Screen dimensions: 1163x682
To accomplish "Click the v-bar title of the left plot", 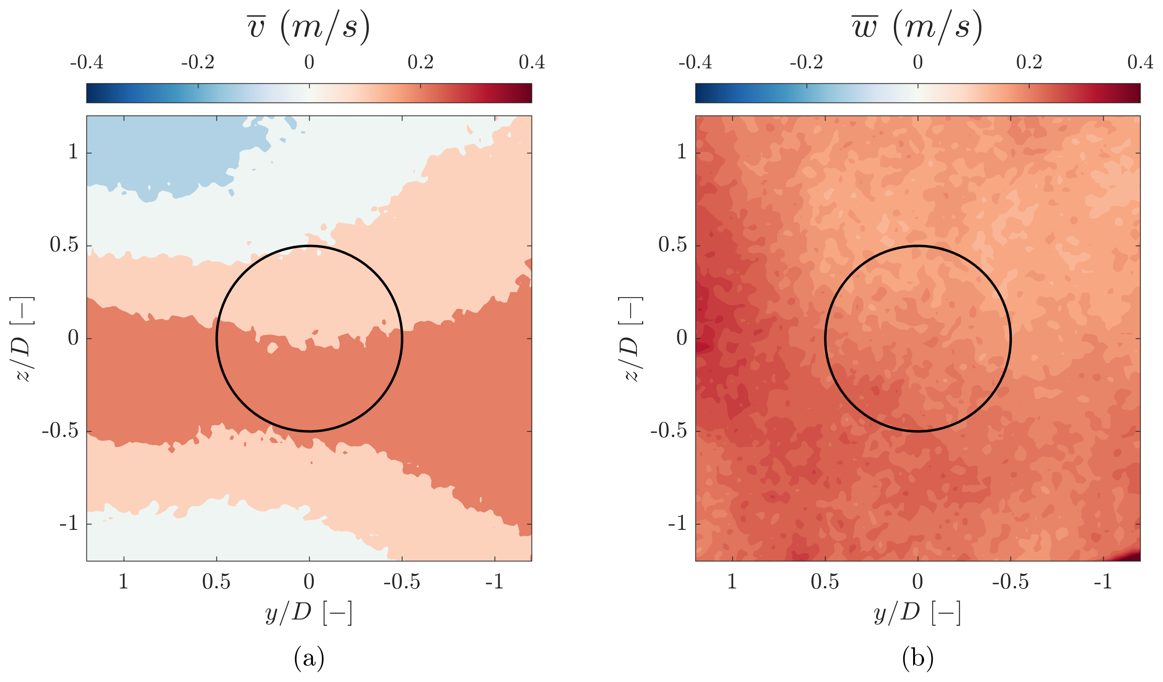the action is tap(309, 27).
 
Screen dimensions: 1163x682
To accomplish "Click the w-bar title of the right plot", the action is tap(917, 27).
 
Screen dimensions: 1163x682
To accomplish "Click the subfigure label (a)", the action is tap(309, 658).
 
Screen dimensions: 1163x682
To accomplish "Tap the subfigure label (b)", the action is tap(918, 658).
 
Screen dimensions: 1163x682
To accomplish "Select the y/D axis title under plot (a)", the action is tap(309, 613).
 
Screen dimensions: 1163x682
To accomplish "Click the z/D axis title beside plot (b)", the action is tap(631, 338).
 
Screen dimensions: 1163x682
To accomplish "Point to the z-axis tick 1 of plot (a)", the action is tap(73, 152).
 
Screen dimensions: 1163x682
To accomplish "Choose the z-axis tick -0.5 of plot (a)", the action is tap(60, 431).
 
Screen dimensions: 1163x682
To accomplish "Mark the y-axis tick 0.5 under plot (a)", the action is tap(216, 582).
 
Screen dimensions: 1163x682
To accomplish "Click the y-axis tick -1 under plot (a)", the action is tap(495, 582).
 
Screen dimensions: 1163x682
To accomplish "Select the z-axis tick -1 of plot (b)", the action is tap(677, 524).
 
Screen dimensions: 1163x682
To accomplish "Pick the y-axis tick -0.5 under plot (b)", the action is tap(1011, 582).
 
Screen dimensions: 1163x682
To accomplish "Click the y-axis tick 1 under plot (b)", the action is tap(732, 582).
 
